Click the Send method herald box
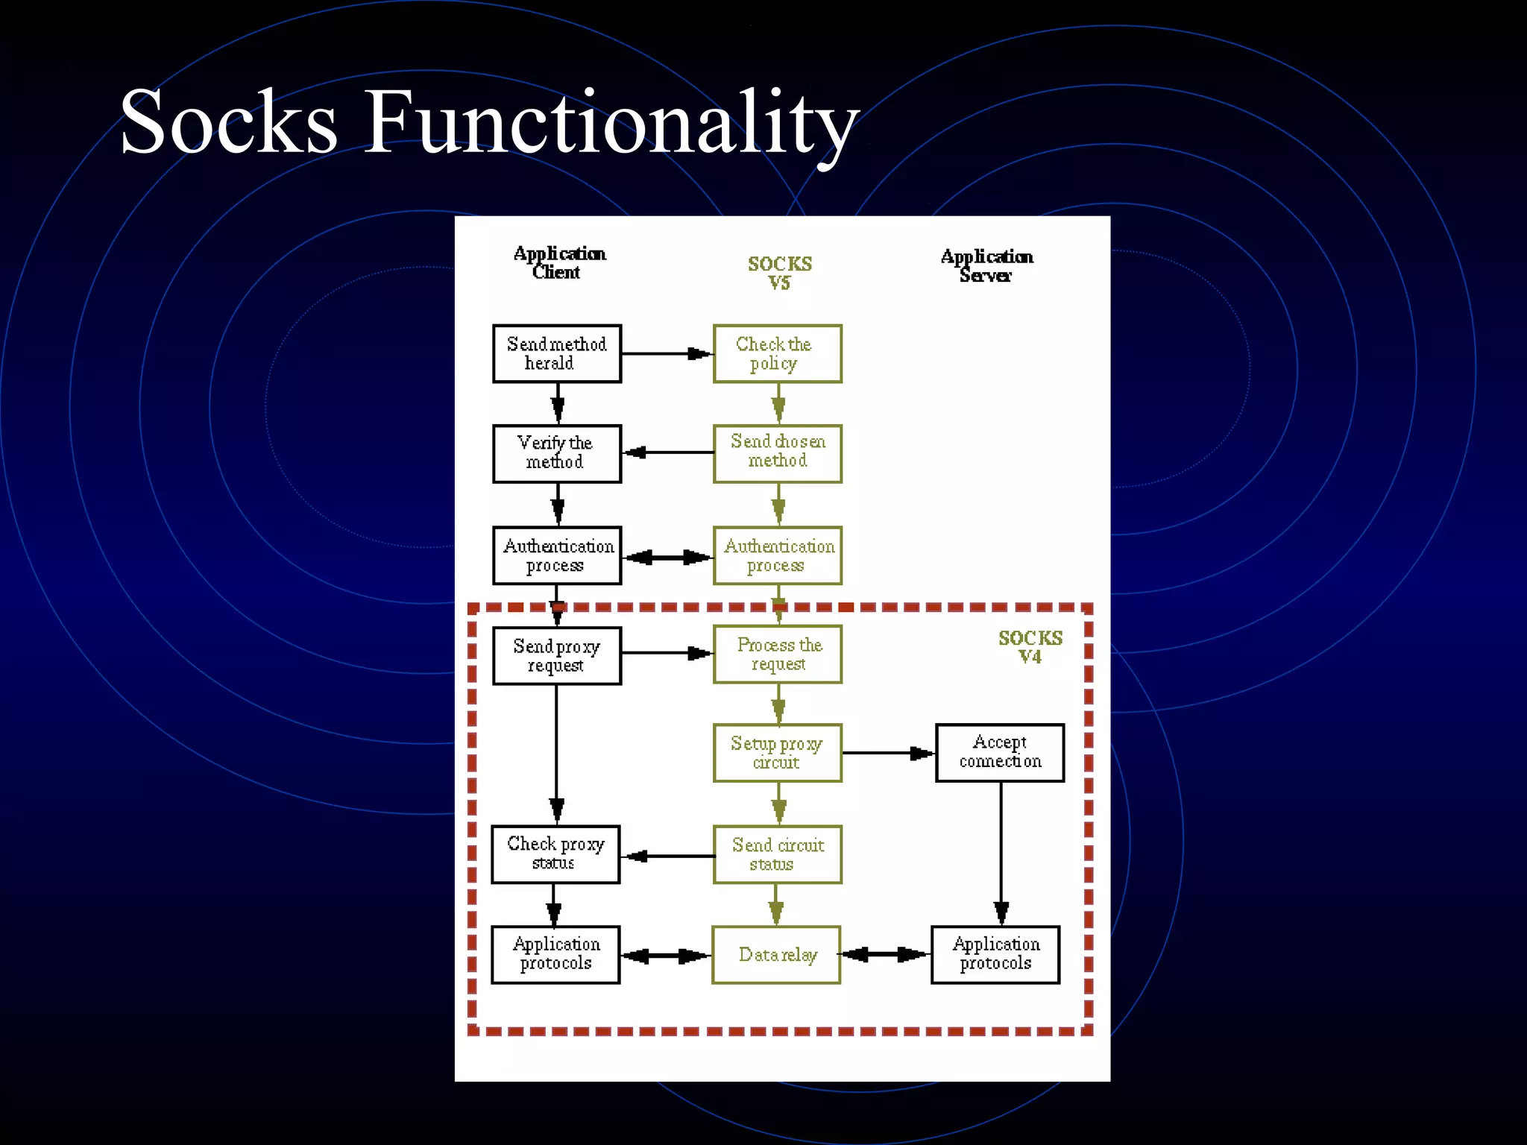(556, 354)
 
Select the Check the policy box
(777, 354)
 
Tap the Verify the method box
(556, 453)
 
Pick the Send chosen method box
(777, 453)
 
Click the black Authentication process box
(556, 555)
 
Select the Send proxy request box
(556, 655)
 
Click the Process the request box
(777, 654)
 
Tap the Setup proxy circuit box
(777, 753)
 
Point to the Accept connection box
(999, 753)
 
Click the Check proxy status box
(555, 854)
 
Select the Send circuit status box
(777, 854)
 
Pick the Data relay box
(776, 955)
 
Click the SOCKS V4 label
(1030, 647)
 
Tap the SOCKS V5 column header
(779, 273)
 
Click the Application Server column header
(986, 265)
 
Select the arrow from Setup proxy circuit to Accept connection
(887, 753)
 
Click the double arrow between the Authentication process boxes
(667, 557)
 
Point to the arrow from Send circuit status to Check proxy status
(667, 856)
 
